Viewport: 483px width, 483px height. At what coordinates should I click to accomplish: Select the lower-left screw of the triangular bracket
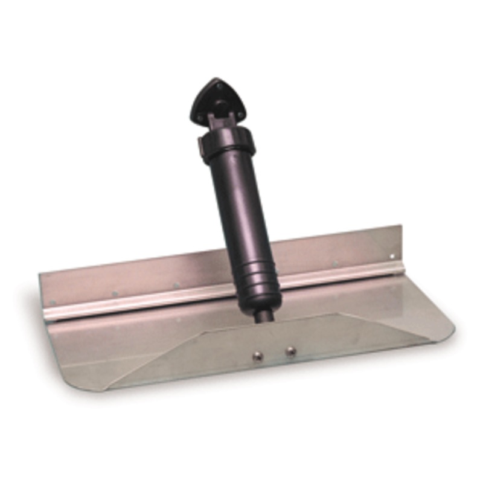tap(208, 109)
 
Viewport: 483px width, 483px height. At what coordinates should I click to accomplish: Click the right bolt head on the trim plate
tap(291, 351)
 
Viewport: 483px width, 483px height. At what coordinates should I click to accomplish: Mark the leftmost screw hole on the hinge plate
tap(53, 302)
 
